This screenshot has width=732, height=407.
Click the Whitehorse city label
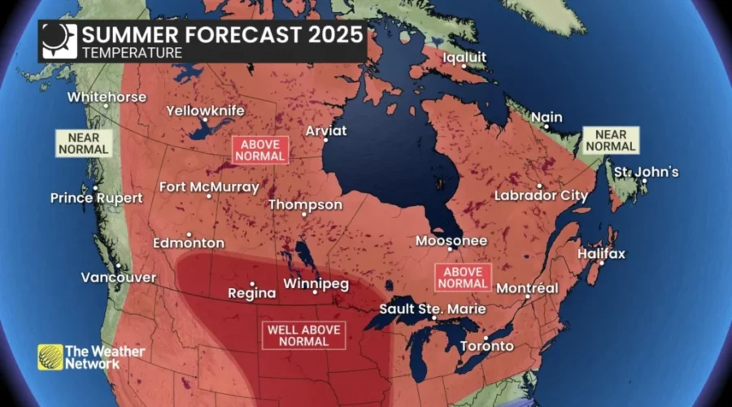click(107, 97)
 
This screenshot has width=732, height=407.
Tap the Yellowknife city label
click(205, 111)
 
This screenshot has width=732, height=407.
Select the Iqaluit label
click(465, 57)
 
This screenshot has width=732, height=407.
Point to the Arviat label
click(325, 130)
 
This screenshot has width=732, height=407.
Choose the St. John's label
click(646, 172)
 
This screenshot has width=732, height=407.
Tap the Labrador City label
click(541, 196)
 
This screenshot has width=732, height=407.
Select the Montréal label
click(527, 288)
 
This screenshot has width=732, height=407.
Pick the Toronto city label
click(487, 346)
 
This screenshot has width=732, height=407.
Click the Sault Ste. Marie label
click(433, 309)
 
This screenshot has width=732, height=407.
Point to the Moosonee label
click(451, 241)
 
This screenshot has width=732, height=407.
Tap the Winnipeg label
click(316, 284)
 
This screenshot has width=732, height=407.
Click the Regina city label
click(246, 293)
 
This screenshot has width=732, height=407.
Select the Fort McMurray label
click(209, 186)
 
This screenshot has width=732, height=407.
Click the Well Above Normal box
click(303, 335)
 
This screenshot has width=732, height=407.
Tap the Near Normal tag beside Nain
click(611, 141)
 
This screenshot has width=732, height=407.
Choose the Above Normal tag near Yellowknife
click(260, 149)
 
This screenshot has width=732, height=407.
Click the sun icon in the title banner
click(59, 41)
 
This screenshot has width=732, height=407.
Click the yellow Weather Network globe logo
click(50, 357)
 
